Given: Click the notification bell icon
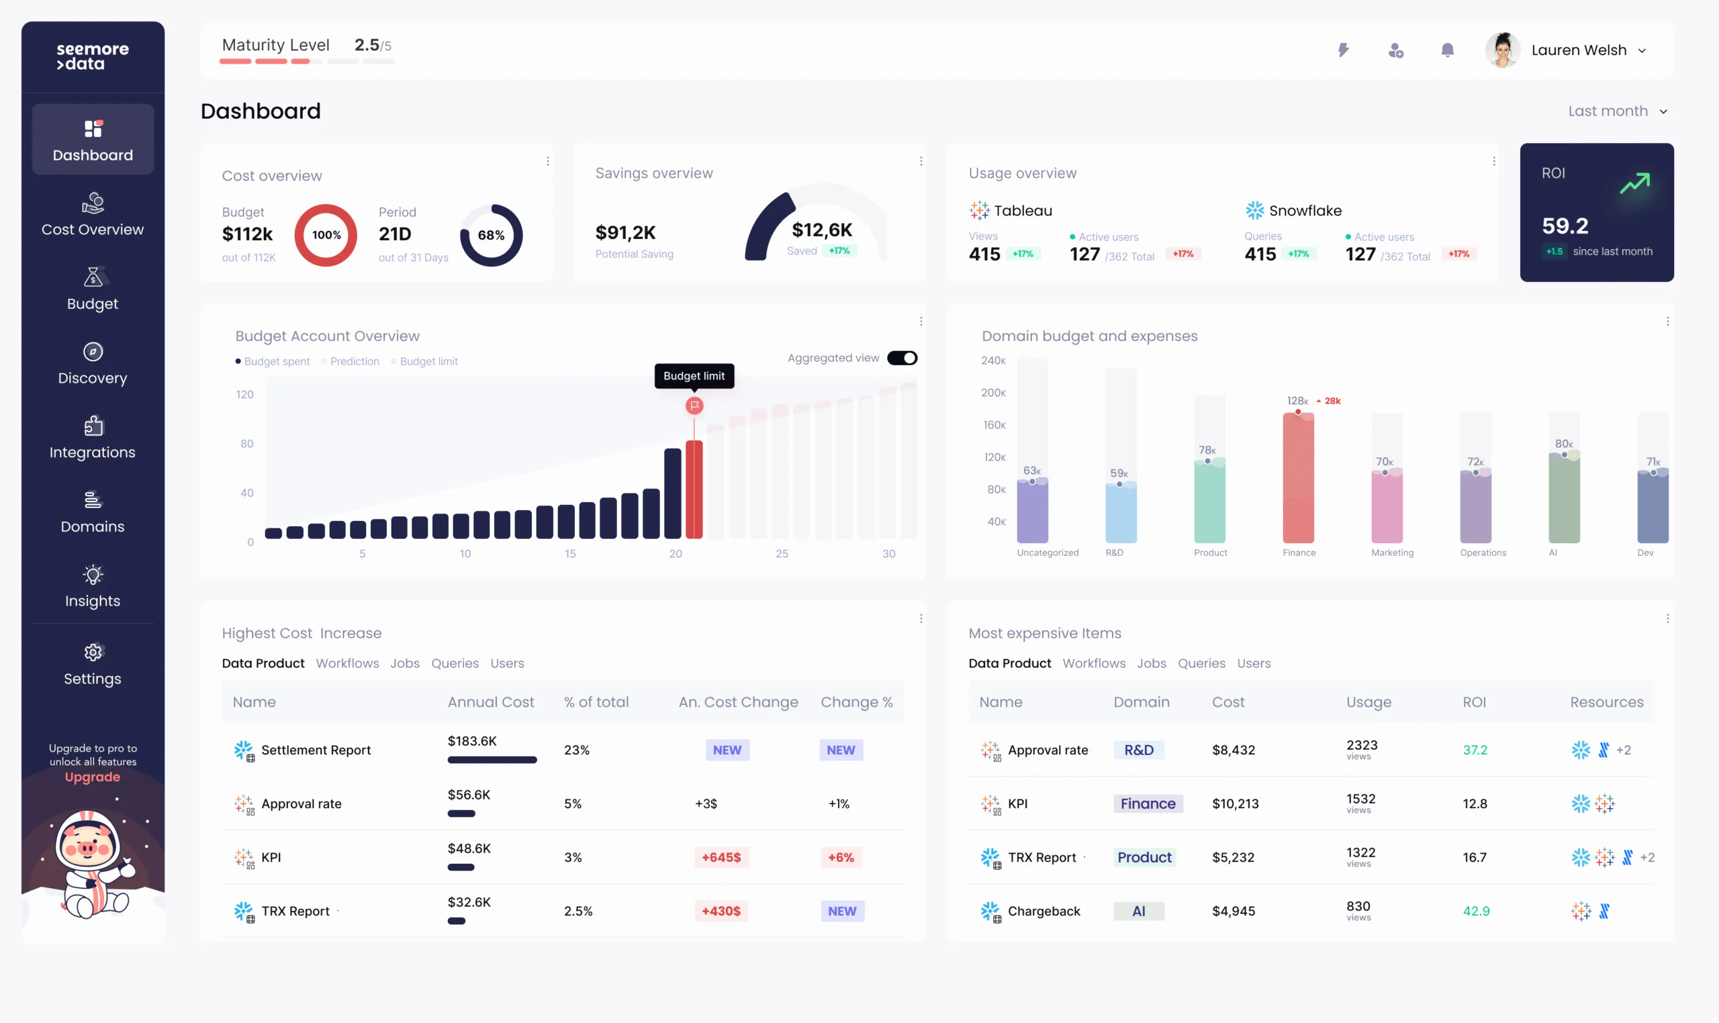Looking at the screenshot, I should (1447, 50).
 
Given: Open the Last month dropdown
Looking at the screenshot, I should (1617, 111).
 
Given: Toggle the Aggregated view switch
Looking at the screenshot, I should (902, 358).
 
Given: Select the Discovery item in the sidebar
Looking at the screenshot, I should (93, 363).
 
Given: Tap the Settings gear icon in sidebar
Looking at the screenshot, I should (93, 652).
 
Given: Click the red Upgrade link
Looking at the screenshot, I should (93, 777).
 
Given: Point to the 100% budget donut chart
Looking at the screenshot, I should (326, 235).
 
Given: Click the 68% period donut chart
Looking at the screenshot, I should (491, 235).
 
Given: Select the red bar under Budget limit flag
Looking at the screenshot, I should (694, 489).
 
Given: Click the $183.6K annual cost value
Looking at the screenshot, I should (471, 741).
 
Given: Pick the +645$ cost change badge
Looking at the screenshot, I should (721, 858).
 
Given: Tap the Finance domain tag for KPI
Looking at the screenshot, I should (1148, 803).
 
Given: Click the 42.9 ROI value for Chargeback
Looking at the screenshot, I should (1476, 912).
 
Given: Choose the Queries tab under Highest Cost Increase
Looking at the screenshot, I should (455, 663).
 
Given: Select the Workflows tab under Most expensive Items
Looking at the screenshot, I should (1094, 663).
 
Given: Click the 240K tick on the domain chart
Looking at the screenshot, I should (993, 360).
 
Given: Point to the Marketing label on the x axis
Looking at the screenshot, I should (1392, 553).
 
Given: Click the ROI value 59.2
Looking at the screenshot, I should (1565, 226).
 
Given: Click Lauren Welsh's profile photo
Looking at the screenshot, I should (1503, 50).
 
